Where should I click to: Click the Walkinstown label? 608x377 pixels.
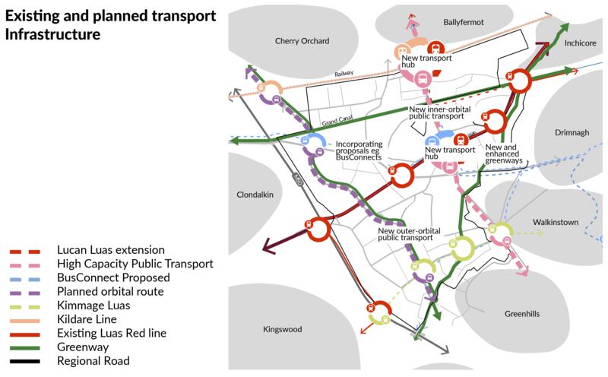pos(555,222)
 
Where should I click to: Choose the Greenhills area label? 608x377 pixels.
pos(525,313)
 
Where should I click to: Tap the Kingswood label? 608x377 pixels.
pos(282,329)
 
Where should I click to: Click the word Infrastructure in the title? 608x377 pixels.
pos(52,35)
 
